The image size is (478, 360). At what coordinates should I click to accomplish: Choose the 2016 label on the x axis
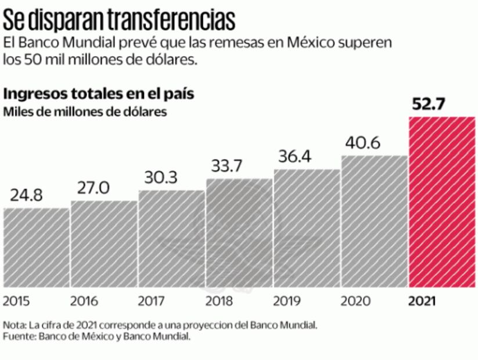pos(84,301)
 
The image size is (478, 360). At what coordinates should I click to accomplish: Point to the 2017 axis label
pos(152,301)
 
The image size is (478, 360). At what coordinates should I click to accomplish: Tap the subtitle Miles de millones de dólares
pos(85,111)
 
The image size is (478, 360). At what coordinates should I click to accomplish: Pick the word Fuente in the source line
pos(19,337)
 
